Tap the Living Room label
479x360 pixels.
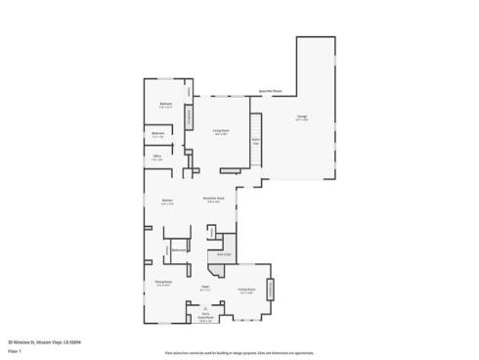click(221, 131)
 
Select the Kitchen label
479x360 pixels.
click(166, 202)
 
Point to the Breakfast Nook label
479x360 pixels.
click(214, 200)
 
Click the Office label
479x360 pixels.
click(156, 157)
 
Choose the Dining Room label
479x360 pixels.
click(164, 284)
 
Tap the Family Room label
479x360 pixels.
click(246, 291)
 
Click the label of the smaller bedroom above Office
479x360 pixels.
click(157, 135)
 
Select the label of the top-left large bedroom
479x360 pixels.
click(166, 106)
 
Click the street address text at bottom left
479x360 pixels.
click(44, 342)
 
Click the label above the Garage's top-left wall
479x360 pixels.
click(271, 91)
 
